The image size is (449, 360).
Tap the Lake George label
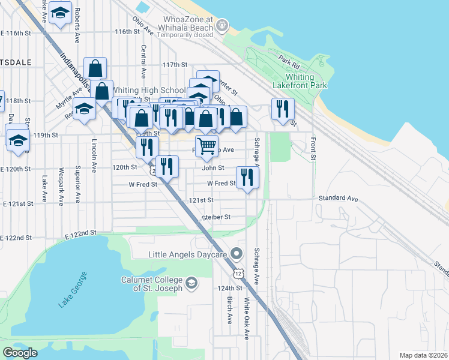click(x=73, y=289)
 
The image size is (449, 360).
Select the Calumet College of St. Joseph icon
click(x=191, y=282)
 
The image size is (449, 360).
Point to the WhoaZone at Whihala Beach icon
click(x=223, y=25)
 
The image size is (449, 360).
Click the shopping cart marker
click(x=206, y=145)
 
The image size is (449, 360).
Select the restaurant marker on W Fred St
click(x=247, y=177)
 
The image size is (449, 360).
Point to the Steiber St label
click(x=216, y=217)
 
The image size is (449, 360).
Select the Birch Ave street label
click(x=229, y=310)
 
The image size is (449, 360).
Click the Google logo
click(x=20, y=352)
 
